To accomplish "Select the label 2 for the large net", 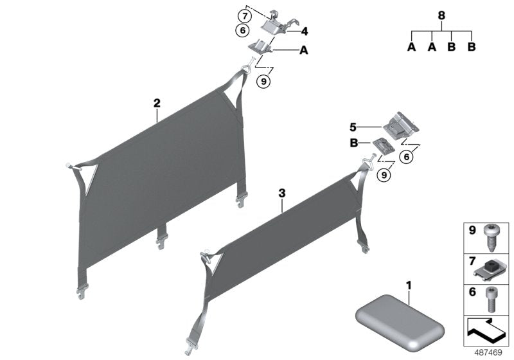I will click(x=156, y=102).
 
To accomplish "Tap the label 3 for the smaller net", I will click(x=281, y=192).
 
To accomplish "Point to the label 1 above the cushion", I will click(x=409, y=283).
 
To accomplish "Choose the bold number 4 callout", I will click(x=305, y=30).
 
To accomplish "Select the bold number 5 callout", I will click(x=352, y=127).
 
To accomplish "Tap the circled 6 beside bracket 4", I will click(x=242, y=30).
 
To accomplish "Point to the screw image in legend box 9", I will click(x=494, y=237).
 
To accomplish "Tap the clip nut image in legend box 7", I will click(x=493, y=267).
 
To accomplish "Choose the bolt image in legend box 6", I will click(x=493, y=298).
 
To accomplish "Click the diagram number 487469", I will click(x=490, y=352).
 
